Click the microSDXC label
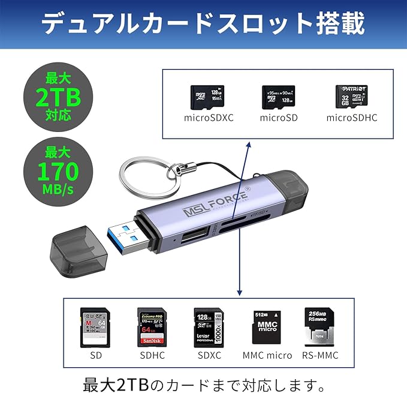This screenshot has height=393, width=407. [208, 117]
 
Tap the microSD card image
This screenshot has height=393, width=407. [279, 97]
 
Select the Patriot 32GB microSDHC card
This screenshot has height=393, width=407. [351, 96]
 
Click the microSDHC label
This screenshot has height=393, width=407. [352, 117]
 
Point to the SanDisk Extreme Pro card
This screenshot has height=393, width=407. [152, 327]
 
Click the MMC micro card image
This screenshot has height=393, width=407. [267, 328]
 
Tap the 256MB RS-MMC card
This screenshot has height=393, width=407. [320, 327]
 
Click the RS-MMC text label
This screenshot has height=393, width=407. [320, 355]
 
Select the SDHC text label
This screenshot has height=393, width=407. [152, 355]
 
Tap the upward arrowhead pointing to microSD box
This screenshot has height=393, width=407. [248, 146]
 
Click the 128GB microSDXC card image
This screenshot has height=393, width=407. [208, 97]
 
